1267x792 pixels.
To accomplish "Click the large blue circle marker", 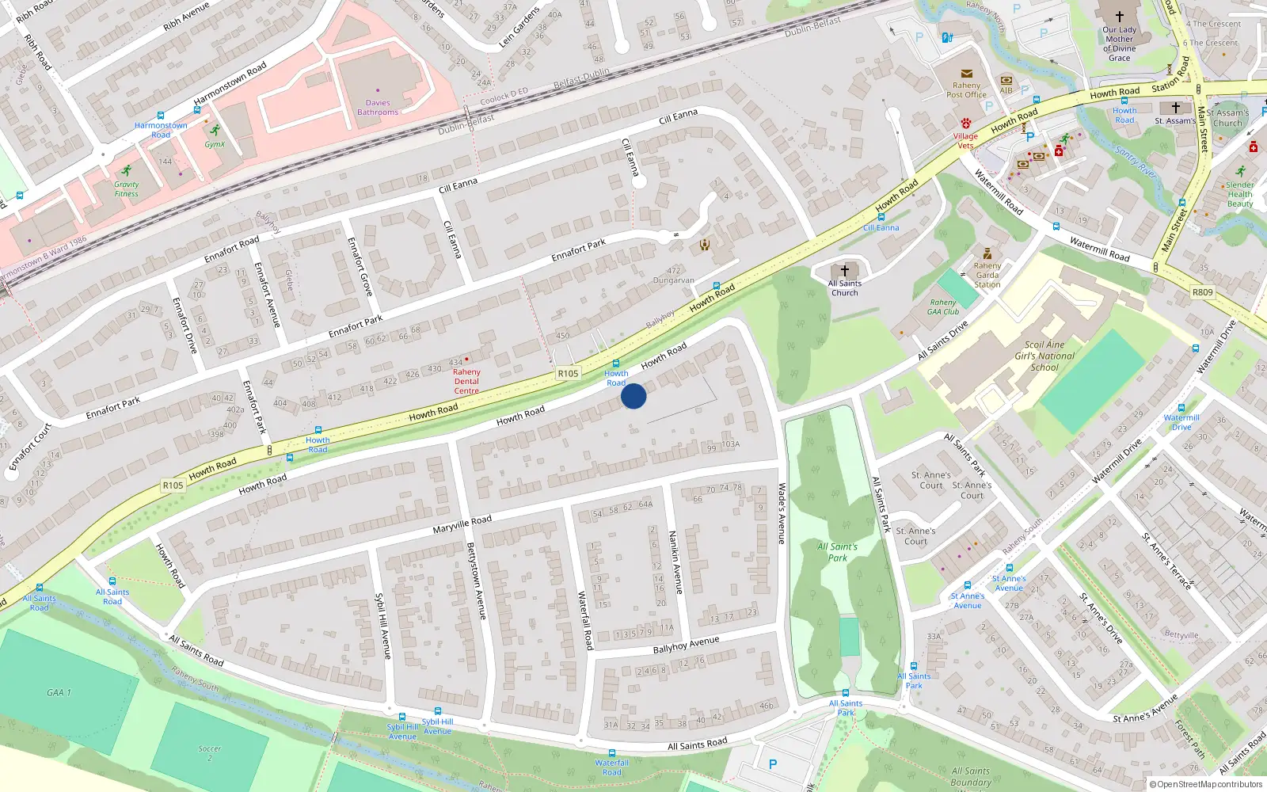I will [x=633, y=396].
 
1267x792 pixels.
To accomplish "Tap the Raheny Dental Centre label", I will [x=466, y=381].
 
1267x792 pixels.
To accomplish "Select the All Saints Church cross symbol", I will [x=845, y=271].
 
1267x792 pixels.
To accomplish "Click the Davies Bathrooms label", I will [x=378, y=108].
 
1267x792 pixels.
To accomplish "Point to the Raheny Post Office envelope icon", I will [x=966, y=74].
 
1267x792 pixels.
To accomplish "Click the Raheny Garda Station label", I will [x=987, y=275].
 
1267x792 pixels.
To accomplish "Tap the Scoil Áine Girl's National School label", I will [x=1044, y=356].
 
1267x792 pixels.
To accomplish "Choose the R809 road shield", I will [x=1202, y=292].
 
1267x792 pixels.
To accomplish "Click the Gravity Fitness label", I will [x=126, y=189].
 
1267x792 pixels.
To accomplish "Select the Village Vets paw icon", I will [x=966, y=124].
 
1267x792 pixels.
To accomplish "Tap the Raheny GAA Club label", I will [x=943, y=307].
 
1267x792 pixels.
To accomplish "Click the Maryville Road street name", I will [x=462, y=524].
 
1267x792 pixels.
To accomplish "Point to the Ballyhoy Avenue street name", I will [x=686, y=645].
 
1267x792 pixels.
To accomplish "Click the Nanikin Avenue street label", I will [x=675, y=562].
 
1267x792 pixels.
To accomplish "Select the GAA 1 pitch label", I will [x=59, y=692].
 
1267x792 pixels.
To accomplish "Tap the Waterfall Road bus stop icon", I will [x=612, y=753].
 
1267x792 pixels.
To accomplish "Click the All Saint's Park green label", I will [x=838, y=552].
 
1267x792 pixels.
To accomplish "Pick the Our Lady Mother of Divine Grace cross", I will [x=1120, y=17].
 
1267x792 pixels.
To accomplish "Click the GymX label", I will [x=215, y=144].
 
